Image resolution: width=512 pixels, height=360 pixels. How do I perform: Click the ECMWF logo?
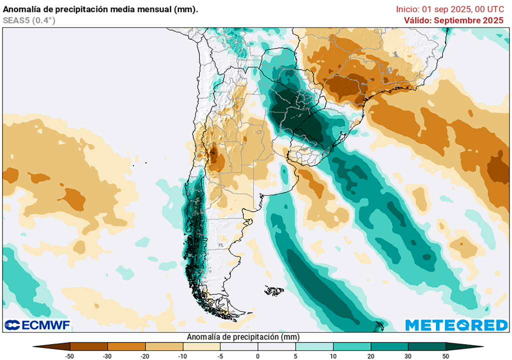(37, 325)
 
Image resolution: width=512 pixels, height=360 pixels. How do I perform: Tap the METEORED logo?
(456, 325)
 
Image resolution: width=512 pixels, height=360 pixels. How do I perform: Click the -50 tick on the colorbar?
(70, 355)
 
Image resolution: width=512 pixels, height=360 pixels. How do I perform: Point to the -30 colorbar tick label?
(107, 355)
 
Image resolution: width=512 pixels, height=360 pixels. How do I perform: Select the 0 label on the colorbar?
(257, 355)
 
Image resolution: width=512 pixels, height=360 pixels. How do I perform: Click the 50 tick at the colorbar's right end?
(445, 355)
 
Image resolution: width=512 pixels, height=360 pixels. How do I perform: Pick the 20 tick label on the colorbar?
(370, 355)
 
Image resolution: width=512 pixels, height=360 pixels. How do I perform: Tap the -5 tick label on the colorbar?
(220, 355)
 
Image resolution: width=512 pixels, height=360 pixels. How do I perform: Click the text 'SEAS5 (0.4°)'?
(29, 20)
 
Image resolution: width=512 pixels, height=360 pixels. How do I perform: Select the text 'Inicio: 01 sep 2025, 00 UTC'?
(449, 9)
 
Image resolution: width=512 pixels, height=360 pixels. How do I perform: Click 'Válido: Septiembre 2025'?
(453, 20)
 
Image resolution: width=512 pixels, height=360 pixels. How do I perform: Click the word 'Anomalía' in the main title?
(19, 9)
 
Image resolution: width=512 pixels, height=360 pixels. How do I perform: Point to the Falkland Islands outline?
(274, 290)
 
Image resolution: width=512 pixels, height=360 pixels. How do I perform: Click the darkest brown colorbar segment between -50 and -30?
(89, 346)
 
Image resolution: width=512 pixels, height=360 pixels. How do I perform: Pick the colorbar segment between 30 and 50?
(426, 346)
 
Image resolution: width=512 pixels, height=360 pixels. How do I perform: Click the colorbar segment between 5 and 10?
(314, 346)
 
